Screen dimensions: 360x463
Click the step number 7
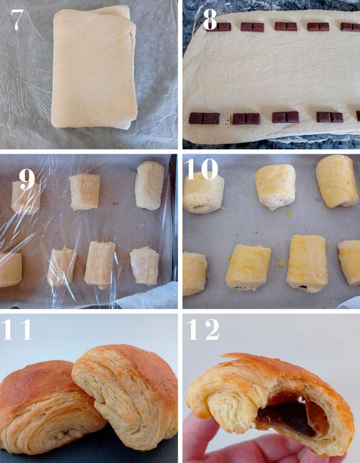click(17, 19)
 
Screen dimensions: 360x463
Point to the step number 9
click(27, 179)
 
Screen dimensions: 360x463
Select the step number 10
click(202, 169)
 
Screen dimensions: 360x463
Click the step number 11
click(17, 329)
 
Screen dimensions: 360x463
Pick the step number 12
click(203, 329)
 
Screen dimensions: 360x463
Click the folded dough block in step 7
click(94, 67)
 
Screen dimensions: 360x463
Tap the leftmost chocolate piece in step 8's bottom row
click(204, 118)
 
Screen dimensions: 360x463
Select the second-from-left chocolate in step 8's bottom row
click(246, 118)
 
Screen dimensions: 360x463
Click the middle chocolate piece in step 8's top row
click(286, 26)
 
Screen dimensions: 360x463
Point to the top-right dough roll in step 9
click(149, 185)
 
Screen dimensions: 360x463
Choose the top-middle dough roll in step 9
click(85, 192)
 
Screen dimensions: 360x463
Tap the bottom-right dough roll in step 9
click(145, 266)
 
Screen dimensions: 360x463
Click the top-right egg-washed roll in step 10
click(337, 181)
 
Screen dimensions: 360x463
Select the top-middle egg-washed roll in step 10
click(275, 187)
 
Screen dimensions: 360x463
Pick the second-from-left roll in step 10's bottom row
click(248, 267)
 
